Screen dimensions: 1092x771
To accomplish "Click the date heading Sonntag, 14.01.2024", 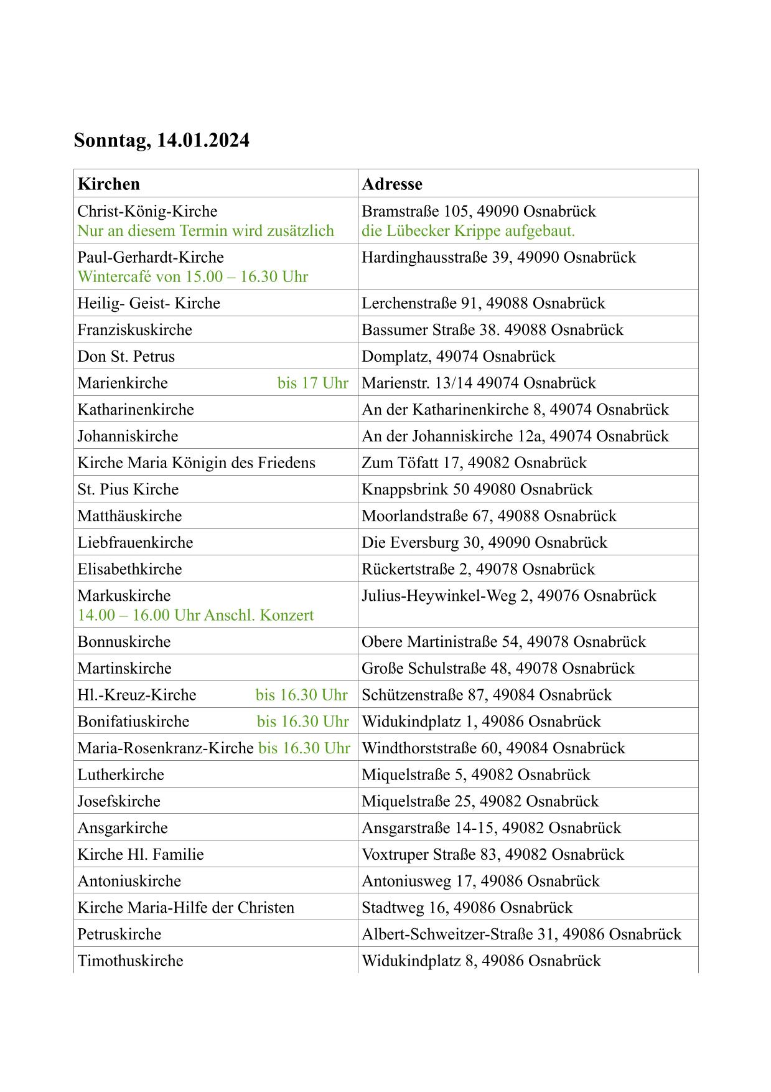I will (161, 140).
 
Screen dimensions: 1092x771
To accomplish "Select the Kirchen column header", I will (108, 184).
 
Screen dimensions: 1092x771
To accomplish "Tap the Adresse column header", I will (391, 184).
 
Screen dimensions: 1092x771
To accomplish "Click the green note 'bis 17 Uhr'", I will (312, 383).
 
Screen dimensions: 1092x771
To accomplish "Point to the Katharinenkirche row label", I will (135, 410).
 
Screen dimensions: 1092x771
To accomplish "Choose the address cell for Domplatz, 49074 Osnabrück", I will (458, 357).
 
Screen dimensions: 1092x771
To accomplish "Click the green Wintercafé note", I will (192, 276).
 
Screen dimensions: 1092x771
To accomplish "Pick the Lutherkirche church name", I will (120, 774).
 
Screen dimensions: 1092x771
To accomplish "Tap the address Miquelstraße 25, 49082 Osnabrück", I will (480, 801).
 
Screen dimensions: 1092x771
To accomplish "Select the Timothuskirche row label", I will (130, 961).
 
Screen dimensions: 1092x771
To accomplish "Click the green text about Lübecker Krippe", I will (468, 231).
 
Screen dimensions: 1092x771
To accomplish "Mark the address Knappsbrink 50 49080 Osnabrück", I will (477, 489).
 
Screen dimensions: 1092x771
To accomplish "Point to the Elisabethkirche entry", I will (129, 569).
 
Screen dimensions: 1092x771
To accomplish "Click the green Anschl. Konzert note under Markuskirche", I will (195, 615).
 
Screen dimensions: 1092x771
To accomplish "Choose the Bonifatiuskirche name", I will (133, 722).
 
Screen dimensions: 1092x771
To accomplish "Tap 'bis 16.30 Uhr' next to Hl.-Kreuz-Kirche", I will (301, 695).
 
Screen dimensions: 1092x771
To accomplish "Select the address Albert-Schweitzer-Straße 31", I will (521, 934).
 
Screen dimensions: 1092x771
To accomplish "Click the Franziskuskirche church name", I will (134, 330).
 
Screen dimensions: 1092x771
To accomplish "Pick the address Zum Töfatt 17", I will (474, 463).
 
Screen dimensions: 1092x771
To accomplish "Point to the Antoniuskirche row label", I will (129, 881).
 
